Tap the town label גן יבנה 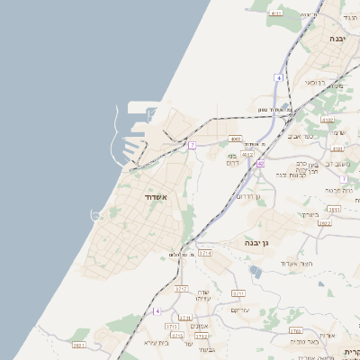coord(257,242)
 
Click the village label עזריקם coord(239,310)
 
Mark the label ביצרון coord(310,214)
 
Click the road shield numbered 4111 coord(275,13)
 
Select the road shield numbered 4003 coord(235,139)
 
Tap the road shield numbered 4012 coord(247,156)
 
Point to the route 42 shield coord(260,164)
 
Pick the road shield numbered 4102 coord(327,119)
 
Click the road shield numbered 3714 coord(205,255)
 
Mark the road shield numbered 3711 coord(238,293)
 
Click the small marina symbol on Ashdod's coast coord(95,214)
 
